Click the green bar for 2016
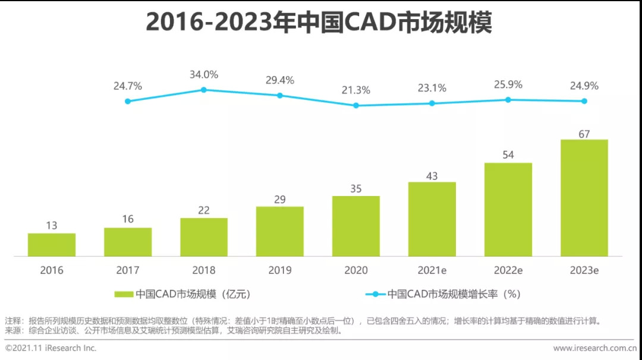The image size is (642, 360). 52,245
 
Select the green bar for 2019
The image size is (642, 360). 280,231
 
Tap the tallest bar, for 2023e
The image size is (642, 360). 584,198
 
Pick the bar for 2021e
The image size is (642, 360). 432,219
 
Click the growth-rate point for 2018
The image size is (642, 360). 203,90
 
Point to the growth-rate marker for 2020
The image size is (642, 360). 356,105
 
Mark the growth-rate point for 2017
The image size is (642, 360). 127,101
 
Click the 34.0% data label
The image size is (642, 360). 203,75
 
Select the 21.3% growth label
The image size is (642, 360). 356,90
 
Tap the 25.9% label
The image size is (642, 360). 508,85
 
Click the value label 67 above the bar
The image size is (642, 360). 584,134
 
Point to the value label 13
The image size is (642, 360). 52,226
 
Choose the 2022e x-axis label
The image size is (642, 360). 508,270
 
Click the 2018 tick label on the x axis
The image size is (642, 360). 203,270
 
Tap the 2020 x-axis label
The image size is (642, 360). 356,270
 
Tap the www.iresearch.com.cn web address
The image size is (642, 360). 594,348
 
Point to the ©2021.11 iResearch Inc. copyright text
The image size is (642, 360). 51,348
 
